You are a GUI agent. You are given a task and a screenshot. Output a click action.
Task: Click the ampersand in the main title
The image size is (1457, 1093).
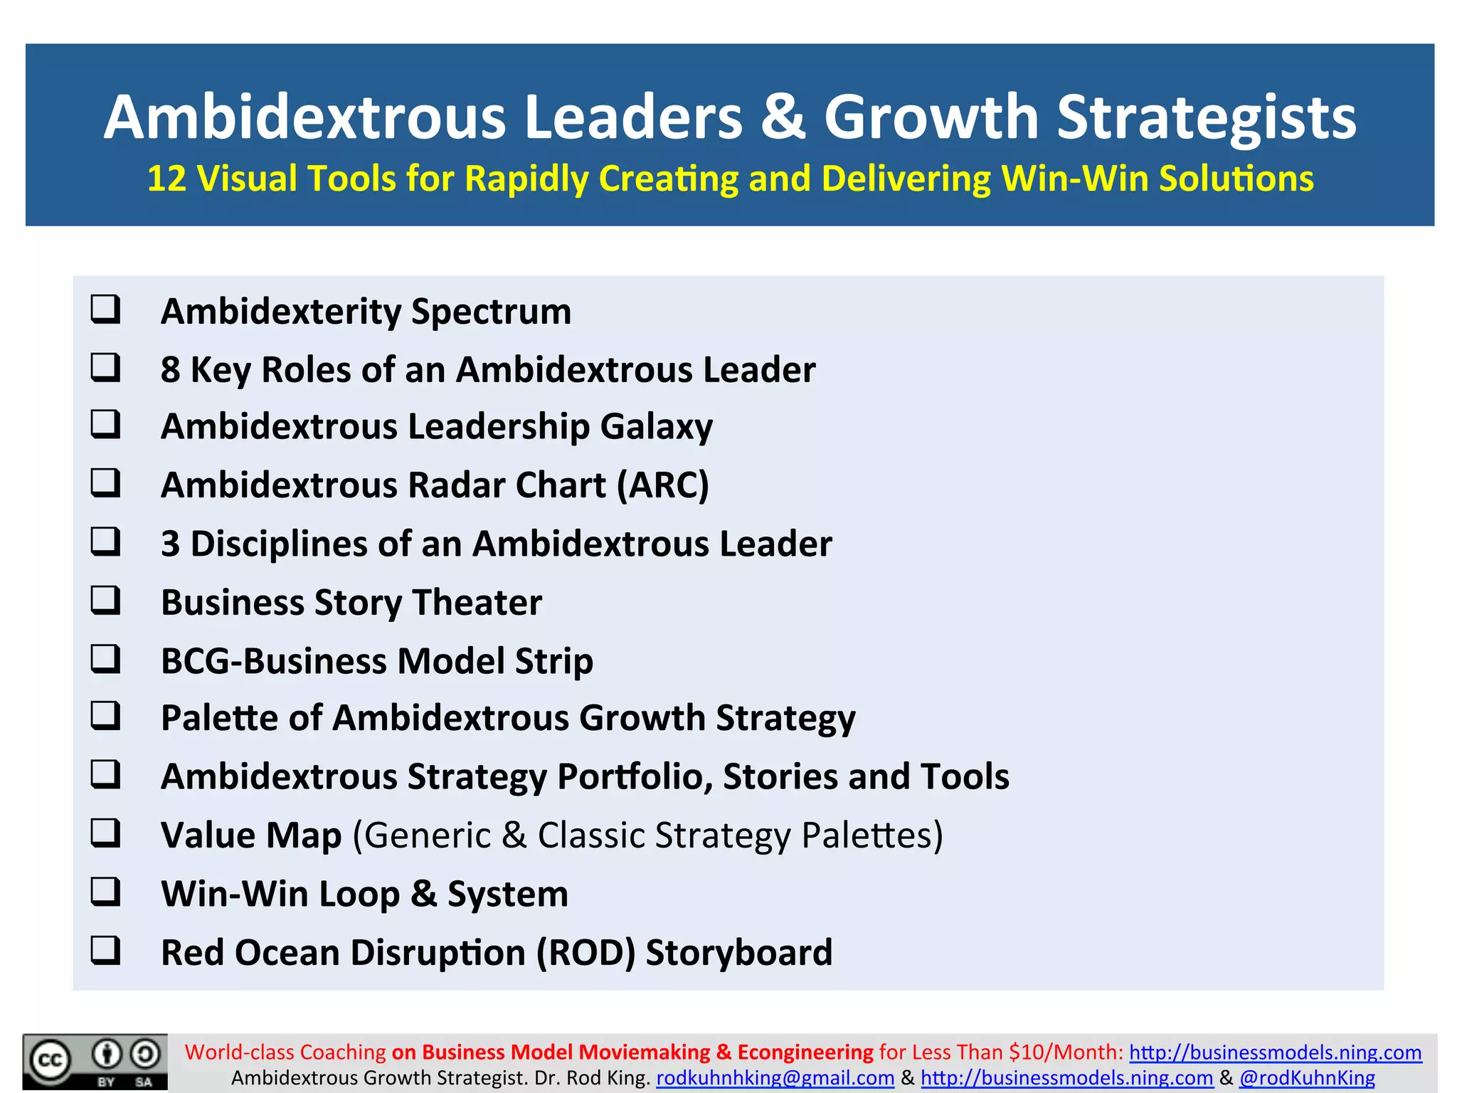783,117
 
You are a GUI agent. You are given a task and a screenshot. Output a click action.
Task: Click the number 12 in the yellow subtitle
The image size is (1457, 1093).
166,179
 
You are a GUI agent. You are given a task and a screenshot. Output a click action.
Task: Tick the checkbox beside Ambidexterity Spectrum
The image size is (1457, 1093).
105,310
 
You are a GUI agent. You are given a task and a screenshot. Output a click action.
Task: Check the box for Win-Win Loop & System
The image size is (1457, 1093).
105,891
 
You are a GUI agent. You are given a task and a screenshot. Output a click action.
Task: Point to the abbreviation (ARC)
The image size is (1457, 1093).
663,485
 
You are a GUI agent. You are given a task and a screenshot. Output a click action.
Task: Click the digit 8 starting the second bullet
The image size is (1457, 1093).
171,370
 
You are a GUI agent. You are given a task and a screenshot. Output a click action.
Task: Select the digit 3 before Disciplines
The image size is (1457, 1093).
171,544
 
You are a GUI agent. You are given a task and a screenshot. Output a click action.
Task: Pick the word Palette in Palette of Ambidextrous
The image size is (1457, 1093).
219,718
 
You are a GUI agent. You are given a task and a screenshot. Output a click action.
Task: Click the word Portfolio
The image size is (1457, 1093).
635,776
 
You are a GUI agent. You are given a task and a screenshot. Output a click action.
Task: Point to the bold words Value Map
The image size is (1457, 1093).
251,835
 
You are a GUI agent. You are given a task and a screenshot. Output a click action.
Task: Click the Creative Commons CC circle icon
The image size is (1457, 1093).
50,1061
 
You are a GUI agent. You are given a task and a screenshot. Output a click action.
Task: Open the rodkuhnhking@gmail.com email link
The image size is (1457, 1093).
775,1078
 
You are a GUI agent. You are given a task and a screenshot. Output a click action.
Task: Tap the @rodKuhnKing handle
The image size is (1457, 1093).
1307,1078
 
